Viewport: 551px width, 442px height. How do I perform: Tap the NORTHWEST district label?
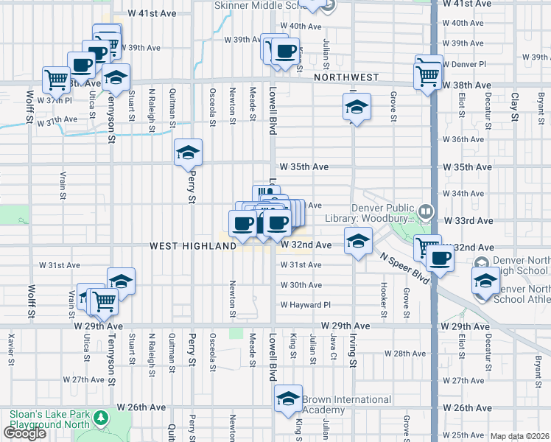click(x=345, y=77)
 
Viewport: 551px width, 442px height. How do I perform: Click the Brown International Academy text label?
click(x=346, y=404)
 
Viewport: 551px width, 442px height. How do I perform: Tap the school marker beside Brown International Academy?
click(x=288, y=399)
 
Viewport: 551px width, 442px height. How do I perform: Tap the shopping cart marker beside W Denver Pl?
click(x=428, y=72)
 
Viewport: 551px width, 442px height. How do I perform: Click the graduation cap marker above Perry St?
click(x=188, y=153)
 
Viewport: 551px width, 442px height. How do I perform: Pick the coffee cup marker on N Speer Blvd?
click(x=441, y=259)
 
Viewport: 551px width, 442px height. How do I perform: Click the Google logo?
click(x=24, y=433)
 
